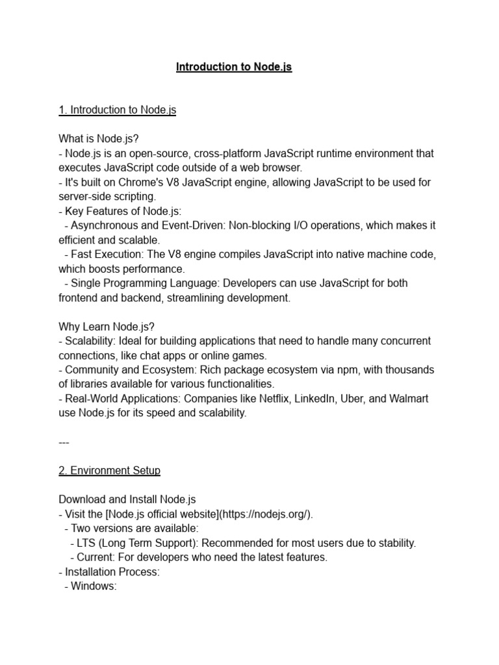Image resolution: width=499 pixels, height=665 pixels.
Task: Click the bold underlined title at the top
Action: pos(234,67)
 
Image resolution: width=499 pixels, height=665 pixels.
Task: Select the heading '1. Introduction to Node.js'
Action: pos(117,110)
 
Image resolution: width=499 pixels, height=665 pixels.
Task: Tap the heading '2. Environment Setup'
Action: pos(109,470)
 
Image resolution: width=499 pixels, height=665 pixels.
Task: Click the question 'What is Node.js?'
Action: pos(99,139)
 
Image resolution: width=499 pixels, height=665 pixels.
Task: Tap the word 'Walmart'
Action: pos(407,398)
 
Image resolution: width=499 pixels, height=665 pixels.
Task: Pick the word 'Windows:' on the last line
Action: pos(93,586)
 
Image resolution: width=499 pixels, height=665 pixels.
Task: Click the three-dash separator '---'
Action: pos(64,442)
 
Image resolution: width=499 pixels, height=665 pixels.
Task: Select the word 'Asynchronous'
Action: pos(104,225)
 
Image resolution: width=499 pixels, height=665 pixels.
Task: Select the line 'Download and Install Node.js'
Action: pos(127,499)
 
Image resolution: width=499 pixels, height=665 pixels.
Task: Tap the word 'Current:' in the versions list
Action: pos(97,557)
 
